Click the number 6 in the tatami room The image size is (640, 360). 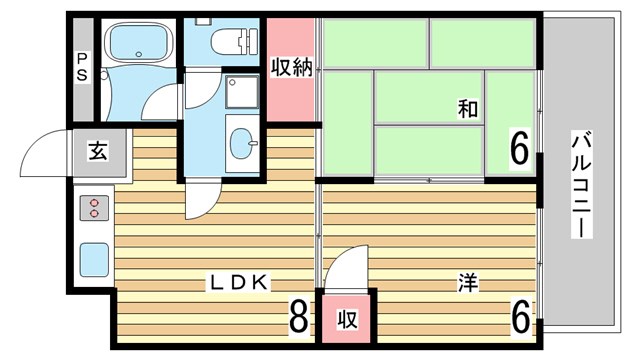[x=518, y=150]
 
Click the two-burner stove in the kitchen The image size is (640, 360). [x=95, y=208]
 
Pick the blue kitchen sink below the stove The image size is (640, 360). [x=94, y=259]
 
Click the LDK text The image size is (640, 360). [x=238, y=282]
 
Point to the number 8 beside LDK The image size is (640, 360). [x=298, y=318]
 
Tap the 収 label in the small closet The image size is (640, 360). [x=346, y=320]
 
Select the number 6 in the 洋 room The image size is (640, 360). [x=519, y=318]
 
